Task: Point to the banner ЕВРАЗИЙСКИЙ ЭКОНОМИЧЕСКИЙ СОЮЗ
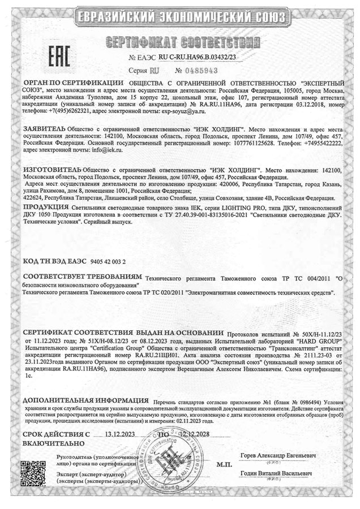pyautogui.click(x=180, y=15)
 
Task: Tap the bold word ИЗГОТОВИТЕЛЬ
pyautogui.click(x=52, y=169)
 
